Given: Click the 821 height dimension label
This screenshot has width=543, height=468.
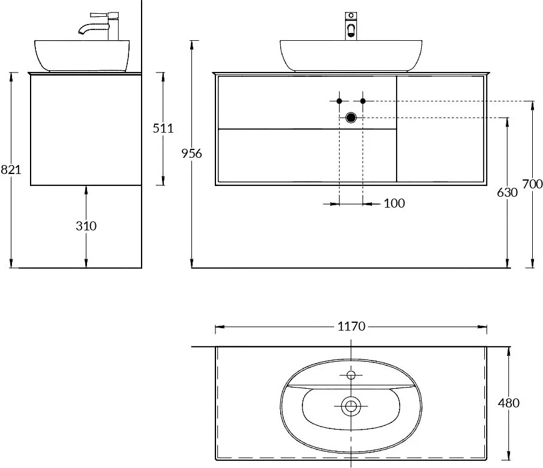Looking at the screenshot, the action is (11, 170).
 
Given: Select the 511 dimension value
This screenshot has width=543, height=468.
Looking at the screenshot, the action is (163, 128).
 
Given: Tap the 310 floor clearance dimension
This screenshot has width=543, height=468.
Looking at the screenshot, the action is (86, 226).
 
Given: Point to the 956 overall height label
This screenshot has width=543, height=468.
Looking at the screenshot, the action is (191, 154).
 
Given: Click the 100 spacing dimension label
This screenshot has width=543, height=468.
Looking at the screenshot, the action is (394, 203).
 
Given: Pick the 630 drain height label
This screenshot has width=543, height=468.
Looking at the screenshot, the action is (508, 193).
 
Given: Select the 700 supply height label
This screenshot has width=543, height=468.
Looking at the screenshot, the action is (533, 184).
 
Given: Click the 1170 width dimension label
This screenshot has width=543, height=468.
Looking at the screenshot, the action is (351, 326).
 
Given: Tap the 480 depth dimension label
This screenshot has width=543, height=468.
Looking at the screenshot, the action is (509, 403).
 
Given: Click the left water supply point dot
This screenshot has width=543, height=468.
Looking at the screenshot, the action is (340, 101).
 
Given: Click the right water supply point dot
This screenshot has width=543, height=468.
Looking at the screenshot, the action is (363, 101).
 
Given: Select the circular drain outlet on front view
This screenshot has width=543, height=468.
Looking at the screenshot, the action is (351, 118).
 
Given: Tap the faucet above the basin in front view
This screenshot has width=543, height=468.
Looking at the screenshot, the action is (351, 26).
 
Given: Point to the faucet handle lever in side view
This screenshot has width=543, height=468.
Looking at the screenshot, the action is (104, 16).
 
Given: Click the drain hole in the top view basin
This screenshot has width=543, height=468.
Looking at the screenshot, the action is (351, 406).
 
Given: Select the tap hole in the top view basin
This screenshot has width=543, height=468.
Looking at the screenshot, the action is (351, 375).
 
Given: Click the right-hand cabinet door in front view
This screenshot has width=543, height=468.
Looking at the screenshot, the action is (440, 129).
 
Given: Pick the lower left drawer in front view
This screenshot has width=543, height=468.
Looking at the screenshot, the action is (307, 155).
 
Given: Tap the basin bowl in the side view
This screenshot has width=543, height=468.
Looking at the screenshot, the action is (82, 55).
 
